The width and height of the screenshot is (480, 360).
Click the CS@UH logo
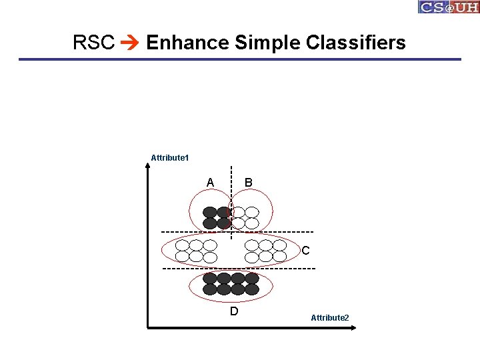(x=449, y=7)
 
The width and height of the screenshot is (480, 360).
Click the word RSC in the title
(x=94, y=43)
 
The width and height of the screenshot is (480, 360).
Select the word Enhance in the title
(x=187, y=43)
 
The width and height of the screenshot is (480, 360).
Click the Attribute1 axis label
(x=170, y=158)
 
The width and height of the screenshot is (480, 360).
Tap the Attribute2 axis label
(x=329, y=318)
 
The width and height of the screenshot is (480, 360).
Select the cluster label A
(x=210, y=183)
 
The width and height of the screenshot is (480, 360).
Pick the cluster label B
(x=248, y=183)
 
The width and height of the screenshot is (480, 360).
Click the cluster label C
(x=305, y=251)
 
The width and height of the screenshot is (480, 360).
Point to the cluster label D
(x=233, y=311)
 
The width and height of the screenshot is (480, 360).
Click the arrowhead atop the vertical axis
(x=147, y=167)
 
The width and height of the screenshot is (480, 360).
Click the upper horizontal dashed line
(x=200, y=232)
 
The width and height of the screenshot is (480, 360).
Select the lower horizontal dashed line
(x=200, y=268)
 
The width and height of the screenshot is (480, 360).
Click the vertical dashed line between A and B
(x=231, y=180)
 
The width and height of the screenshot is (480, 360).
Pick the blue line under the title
(x=240, y=59)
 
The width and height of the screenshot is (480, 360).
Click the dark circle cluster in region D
(x=231, y=284)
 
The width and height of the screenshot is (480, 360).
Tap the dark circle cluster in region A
(x=217, y=217)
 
